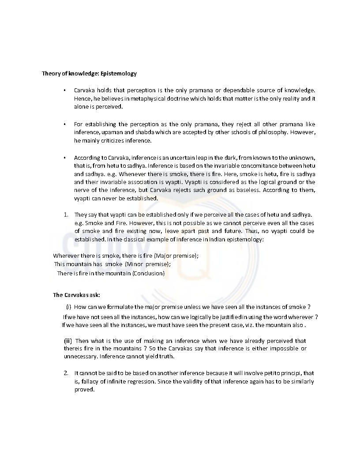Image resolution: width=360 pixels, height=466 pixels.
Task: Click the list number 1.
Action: coord(65,214)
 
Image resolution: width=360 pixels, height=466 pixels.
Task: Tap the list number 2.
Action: coord(65,373)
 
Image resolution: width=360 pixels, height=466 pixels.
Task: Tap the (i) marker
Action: coord(68,307)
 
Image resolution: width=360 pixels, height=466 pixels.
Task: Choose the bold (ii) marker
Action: coord(67,341)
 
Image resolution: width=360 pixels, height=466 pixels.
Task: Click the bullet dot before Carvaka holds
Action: coord(65,90)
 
